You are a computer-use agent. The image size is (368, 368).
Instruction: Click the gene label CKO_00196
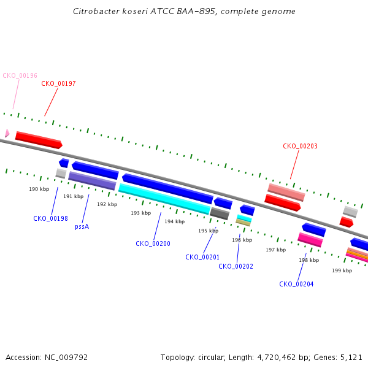(20, 75)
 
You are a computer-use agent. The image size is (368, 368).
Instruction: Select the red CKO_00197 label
(58, 83)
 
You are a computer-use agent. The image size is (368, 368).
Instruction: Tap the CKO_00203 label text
(300, 146)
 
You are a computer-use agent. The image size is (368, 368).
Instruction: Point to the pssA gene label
(82, 227)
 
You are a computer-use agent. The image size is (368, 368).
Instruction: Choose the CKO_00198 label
(50, 218)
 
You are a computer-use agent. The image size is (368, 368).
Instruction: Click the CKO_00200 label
(153, 243)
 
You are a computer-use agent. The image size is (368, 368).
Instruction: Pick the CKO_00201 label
(202, 257)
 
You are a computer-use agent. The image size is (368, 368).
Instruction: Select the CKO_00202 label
(236, 266)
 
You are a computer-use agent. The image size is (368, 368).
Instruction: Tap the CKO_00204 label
(296, 284)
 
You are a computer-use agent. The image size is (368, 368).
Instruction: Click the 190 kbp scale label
(39, 189)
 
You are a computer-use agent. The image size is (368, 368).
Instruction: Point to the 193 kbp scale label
(141, 213)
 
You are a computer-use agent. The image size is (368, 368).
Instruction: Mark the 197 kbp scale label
(276, 250)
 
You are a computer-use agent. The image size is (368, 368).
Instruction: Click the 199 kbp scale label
(342, 270)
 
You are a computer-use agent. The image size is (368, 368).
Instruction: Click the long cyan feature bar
(164, 199)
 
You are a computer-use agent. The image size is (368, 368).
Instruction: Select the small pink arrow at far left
(7, 133)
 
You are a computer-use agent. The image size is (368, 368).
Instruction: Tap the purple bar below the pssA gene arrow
(92, 181)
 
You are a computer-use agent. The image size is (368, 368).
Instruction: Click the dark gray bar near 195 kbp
(220, 213)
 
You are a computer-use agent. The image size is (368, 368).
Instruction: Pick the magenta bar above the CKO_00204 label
(310, 240)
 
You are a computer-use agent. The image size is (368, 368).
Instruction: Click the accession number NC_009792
(66, 358)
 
